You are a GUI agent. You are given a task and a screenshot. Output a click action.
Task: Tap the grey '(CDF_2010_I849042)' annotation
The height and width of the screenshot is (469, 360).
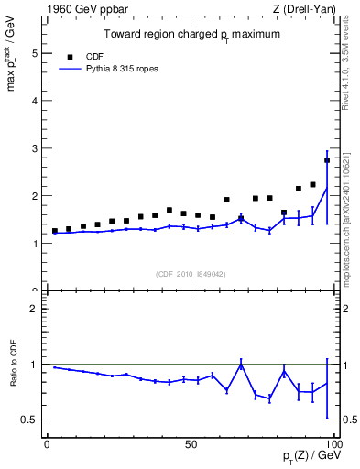pos(190,272)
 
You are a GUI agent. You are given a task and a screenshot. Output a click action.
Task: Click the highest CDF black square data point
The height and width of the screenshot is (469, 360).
pos(327,160)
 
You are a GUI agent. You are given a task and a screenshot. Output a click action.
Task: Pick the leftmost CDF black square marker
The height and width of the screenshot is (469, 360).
pos(55,231)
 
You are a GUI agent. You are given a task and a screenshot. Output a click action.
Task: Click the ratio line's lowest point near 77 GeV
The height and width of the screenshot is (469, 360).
pos(269,398)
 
